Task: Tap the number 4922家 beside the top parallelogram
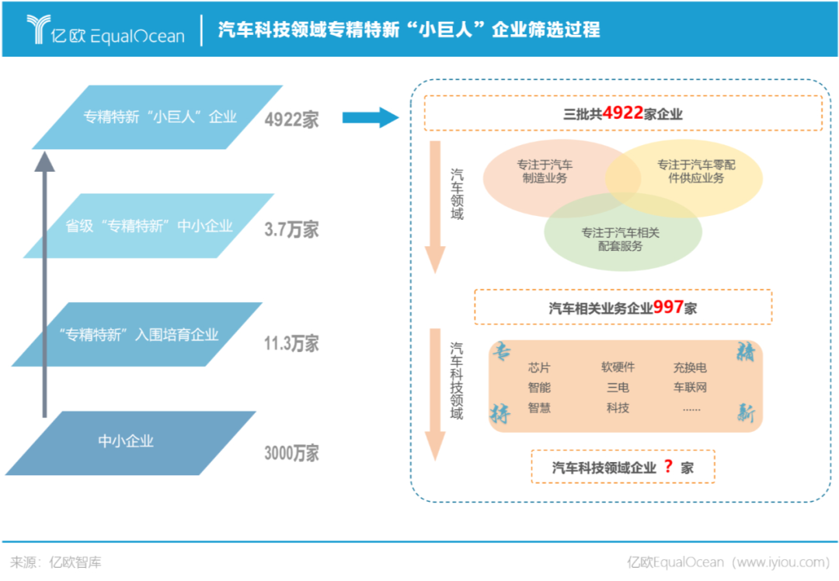[291, 120]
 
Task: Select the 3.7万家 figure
[291, 230]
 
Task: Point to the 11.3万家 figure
[291, 343]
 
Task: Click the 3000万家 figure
[291, 454]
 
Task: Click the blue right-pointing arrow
[370, 118]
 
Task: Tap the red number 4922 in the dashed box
[622, 113]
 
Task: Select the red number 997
[668, 307]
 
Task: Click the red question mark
[667, 467]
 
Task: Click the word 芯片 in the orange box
[539, 367]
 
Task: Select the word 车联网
[690, 387]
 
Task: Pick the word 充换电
[690, 367]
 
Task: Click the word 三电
[618, 387]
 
